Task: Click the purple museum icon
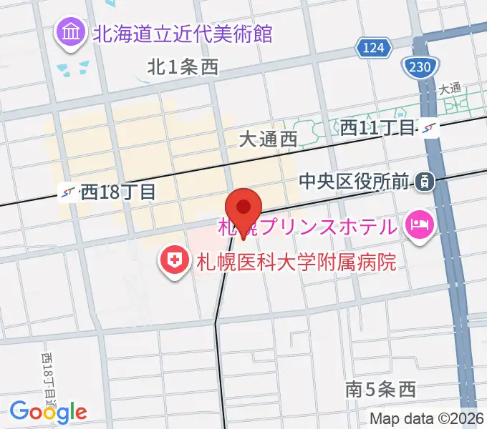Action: (x=71, y=32)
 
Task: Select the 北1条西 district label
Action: (x=183, y=68)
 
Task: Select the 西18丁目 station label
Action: (x=117, y=192)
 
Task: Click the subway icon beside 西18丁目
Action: (x=69, y=192)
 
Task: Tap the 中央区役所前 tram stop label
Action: (x=355, y=182)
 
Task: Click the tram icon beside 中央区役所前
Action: (x=425, y=182)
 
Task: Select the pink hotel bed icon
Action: (x=418, y=226)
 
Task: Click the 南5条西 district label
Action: (x=380, y=390)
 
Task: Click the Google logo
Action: (x=48, y=411)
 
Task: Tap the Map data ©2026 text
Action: (x=426, y=418)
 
